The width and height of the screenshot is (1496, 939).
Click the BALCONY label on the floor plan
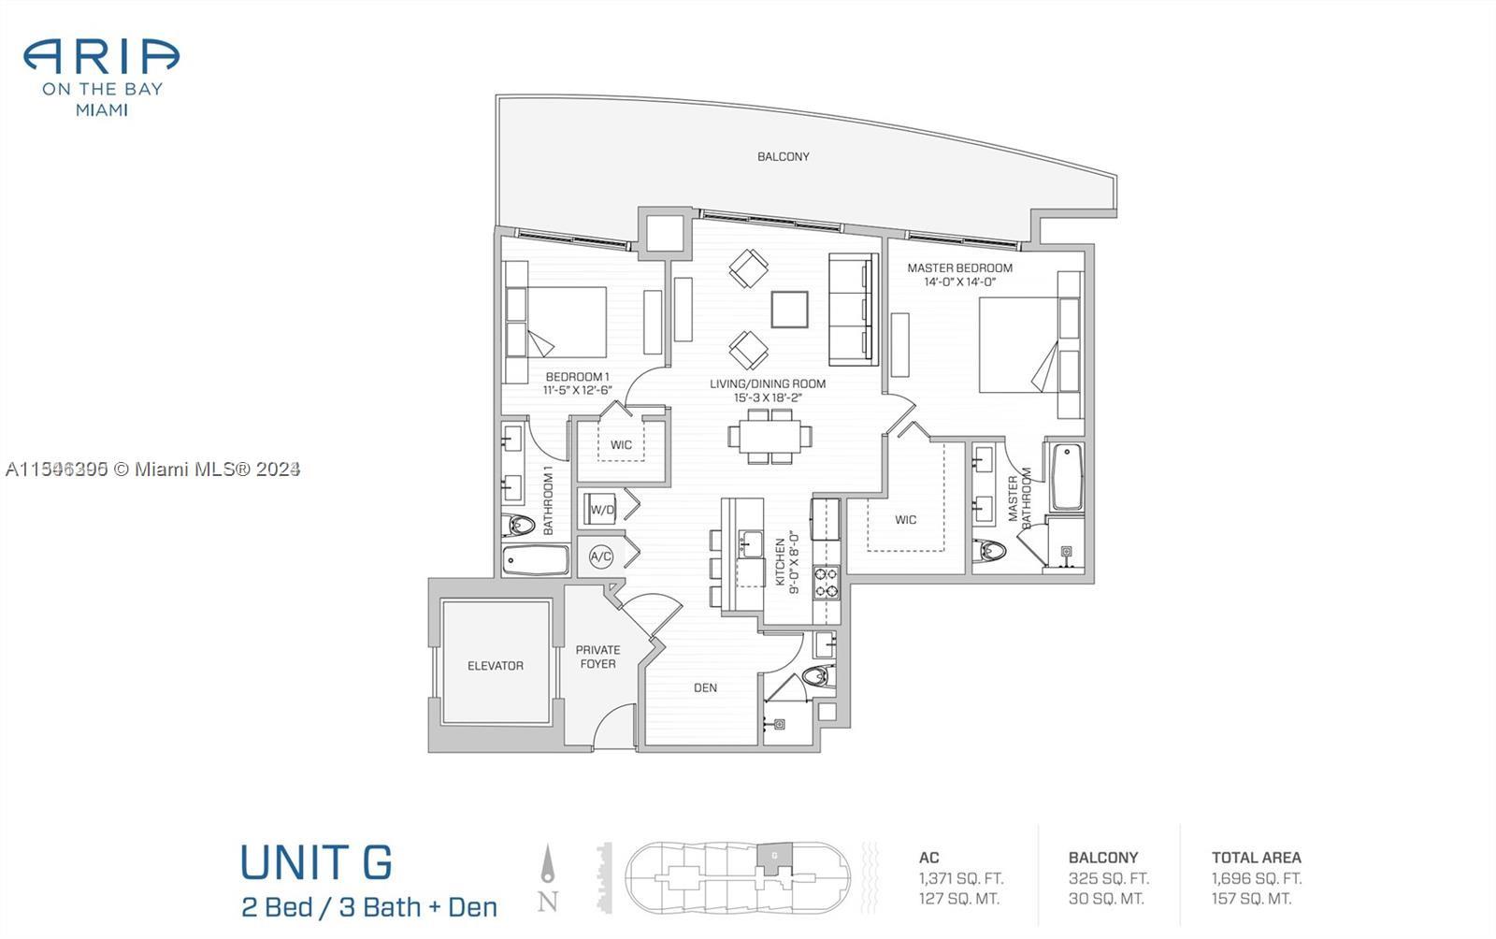[x=784, y=156]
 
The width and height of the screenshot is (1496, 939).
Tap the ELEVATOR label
[x=496, y=666]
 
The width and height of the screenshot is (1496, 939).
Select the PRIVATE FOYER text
[x=597, y=657]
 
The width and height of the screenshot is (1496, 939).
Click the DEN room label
[x=705, y=687]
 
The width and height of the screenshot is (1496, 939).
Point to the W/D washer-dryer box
[x=602, y=510]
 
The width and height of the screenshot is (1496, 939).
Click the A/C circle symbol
[x=600, y=556]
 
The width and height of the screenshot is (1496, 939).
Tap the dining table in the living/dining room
[x=770, y=437]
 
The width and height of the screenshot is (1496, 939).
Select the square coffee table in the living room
[x=790, y=310]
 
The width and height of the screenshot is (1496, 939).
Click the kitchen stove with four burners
[x=826, y=582]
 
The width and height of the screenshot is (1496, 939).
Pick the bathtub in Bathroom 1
[x=535, y=561]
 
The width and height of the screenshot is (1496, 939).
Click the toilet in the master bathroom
[x=990, y=551]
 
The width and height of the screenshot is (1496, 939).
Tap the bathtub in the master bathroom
[x=1067, y=477]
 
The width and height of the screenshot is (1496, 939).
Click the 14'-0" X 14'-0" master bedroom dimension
[x=959, y=282]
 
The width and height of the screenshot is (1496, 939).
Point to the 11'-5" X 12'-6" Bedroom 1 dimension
[x=577, y=390]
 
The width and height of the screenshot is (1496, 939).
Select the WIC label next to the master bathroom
[x=905, y=520]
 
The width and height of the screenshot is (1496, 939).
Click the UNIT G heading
[x=316, y=862]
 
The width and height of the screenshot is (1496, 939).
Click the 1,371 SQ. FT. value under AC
[x=960, y=878]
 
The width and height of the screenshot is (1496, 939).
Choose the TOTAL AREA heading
[x=1256, y=857]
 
